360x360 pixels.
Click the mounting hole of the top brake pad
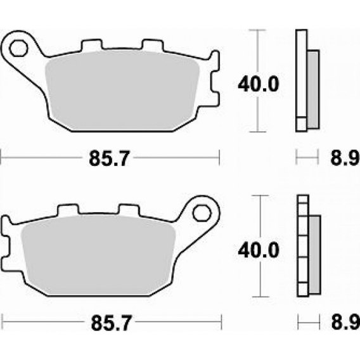pos(18,48)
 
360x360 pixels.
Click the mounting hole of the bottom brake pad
pos(202,214)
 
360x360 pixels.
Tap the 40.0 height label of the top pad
pos(259,84)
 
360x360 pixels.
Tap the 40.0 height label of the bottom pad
pos(259,250)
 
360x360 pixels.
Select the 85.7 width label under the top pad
pos(109,158)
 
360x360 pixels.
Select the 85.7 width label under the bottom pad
pos(112,323)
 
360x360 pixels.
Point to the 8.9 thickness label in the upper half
pos(345,158)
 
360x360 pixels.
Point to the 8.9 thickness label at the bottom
pos(345,323)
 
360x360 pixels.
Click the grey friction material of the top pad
pos(122,91)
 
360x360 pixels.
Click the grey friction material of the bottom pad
pos(98,255)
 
